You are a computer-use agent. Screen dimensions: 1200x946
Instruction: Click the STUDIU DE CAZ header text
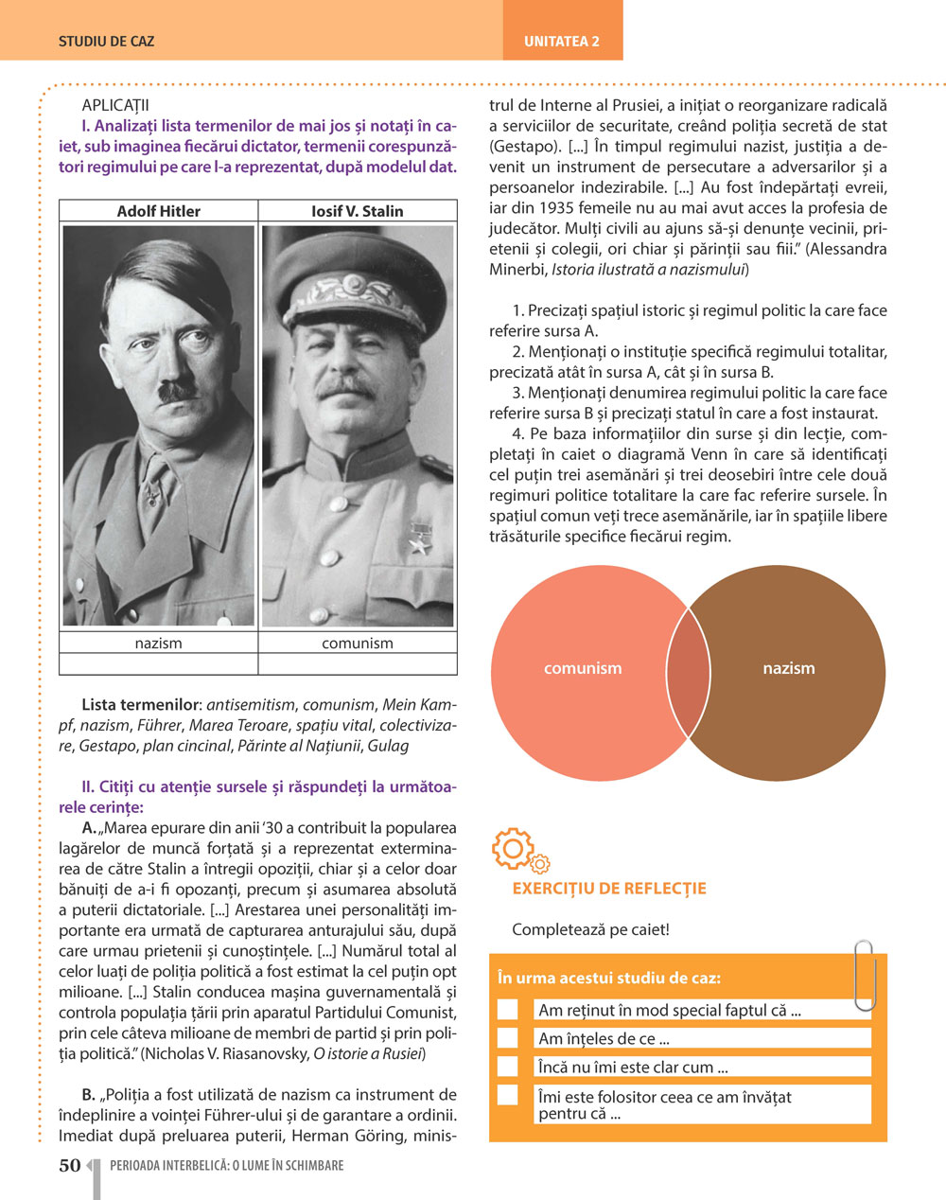[x=106, y=42]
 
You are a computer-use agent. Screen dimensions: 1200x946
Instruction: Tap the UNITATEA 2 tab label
[x=562, y=42]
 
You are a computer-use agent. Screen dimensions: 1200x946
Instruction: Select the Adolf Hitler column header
[x=158, y=211]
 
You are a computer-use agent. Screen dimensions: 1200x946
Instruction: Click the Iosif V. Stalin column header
[x=357, y=211]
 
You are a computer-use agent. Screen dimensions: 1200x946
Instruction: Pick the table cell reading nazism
[x=158, y=643]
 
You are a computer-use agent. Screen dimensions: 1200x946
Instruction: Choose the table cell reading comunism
[x=357, y=643]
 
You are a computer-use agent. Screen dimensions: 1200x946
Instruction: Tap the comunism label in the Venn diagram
[x=583, y=668]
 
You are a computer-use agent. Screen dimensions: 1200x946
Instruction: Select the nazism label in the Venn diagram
[x=788, y=668]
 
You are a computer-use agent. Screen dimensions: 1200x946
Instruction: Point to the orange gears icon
[x=519, y=850]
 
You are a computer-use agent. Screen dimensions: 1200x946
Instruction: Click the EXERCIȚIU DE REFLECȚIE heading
[x=609, y=889]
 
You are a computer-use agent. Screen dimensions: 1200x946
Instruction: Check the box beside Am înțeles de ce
[x=508, y=1038]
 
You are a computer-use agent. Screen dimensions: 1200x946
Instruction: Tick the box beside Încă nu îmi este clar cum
[x=508, y=1067]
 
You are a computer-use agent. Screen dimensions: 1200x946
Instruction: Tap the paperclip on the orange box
[x=863, y=975]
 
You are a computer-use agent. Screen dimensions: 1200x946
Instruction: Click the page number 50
[x=70, y=1166]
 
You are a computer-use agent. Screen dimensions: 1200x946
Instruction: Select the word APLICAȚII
[x=115, y=105]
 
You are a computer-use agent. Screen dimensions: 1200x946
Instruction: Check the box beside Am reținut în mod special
[x=508, y=1010]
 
